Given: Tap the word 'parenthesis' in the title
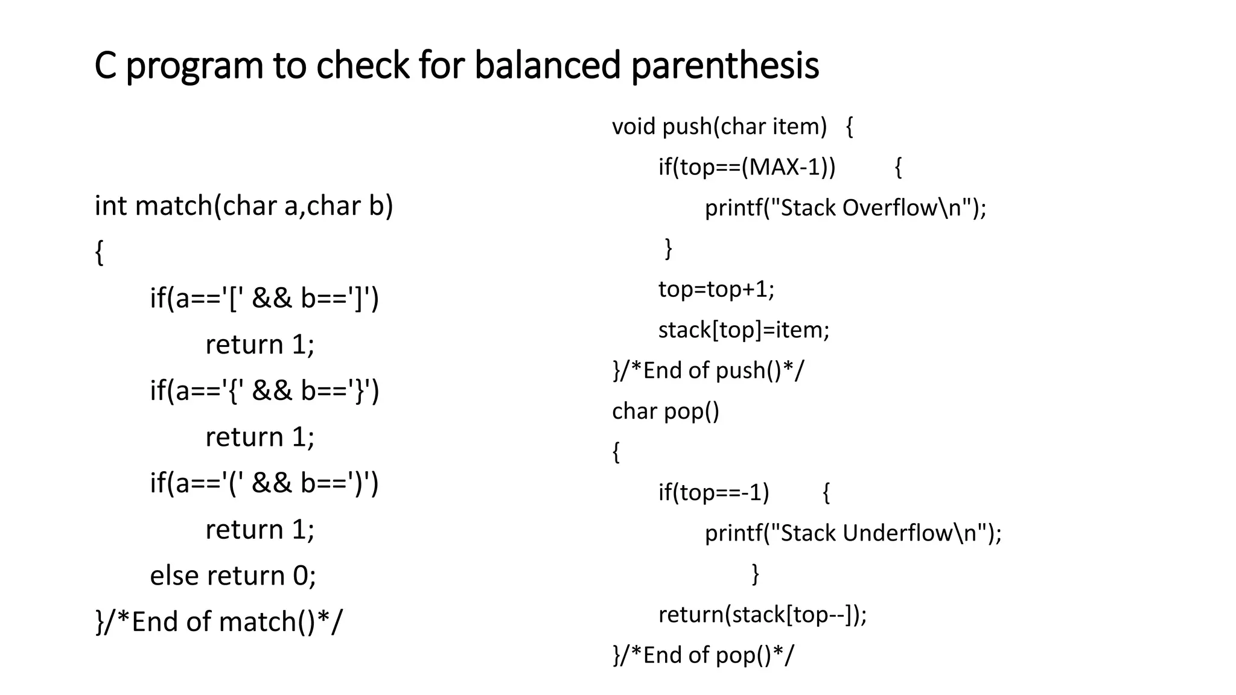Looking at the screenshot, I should pos(724,65).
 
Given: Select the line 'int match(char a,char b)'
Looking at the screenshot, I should pos(244,206).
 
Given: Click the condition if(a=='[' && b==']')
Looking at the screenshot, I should pos(264,298).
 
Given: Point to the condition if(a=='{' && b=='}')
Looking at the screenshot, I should pos(264,391).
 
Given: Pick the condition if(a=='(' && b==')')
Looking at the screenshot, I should pos(264,483).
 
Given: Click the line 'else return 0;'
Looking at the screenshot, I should pos(233,576).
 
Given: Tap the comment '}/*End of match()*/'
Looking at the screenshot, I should pos(218,622).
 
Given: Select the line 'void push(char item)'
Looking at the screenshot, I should pos(719,127).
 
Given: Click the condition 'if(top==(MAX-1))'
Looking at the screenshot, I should pos(747,167).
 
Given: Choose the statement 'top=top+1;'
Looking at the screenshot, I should pos(716,289).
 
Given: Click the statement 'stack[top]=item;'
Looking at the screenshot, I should pos(744,330).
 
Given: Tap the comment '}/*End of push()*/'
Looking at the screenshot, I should pos(708,370).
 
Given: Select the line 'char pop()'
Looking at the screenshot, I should pos(665,411).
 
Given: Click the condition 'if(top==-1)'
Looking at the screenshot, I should pos(713,493).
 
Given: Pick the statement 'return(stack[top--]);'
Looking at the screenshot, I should pos(762,615).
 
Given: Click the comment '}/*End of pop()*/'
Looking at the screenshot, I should pos(703,655).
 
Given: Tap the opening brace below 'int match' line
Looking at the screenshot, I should pos(100,252).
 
